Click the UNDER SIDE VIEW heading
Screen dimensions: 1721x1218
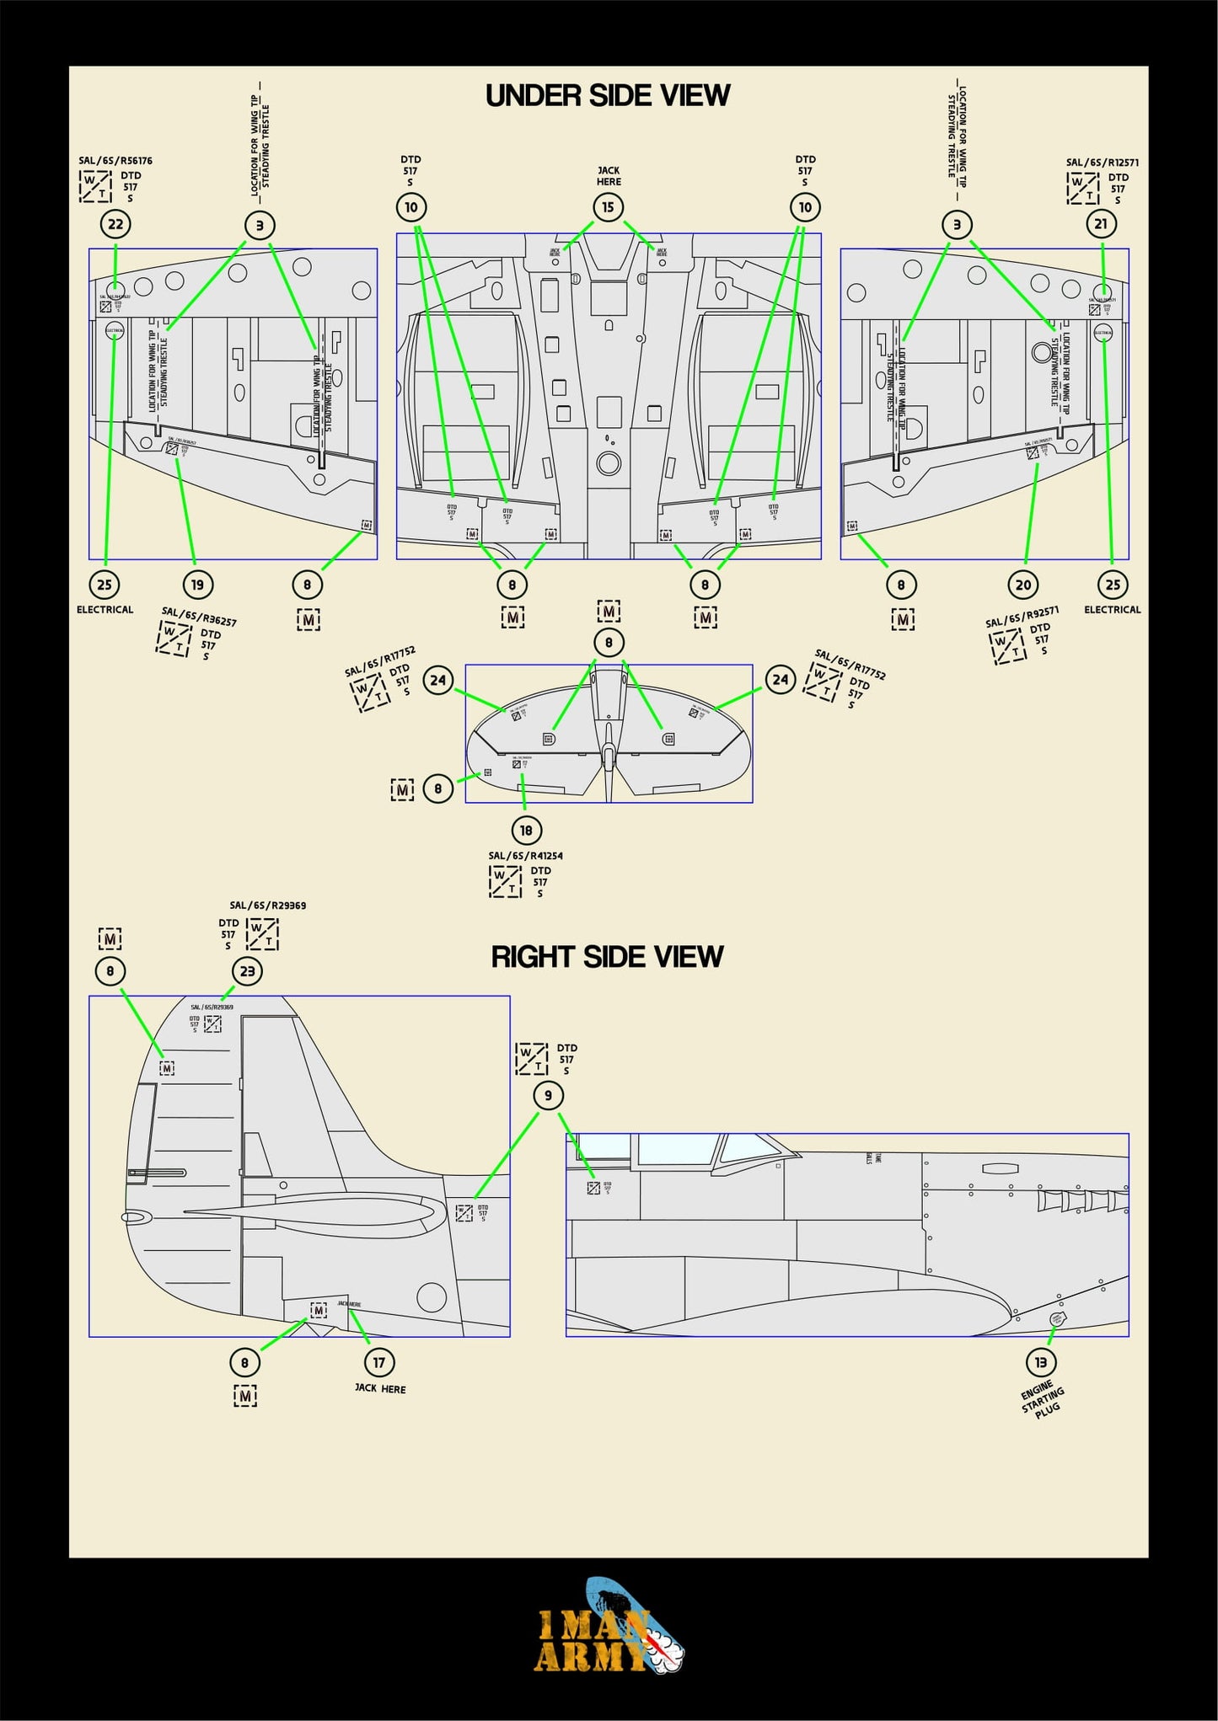(x=608, y=96)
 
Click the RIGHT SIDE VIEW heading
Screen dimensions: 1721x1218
(x=607, y=957)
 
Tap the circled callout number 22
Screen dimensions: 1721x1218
(x=115, y=224)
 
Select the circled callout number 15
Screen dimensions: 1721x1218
(x=608, y=207)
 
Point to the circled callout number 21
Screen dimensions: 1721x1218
(x=1101, y=224)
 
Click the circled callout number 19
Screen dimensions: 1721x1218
(x=196, y=585)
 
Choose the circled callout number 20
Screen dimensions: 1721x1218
(x=1022, y=585)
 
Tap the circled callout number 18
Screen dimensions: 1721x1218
(x=526, y=831)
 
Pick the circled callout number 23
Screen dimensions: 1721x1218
(x=247, y=971)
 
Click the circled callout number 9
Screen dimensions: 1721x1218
(x=548, y=1095)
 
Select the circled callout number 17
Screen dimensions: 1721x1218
(x=378, y=1362)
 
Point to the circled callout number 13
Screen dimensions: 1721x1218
(x=1040, y=1362)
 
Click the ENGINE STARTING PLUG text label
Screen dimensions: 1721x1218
(x=1043, y=1399)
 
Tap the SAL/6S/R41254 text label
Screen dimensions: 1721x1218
(x=525, y=856)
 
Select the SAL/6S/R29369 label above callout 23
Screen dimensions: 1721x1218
(x=268, y=906)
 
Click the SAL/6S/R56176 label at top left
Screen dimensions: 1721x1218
(x=115, y=161)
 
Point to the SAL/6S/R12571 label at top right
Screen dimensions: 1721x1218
(x=1103, y=163)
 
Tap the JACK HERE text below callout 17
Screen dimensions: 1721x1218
(x=380, y=1388)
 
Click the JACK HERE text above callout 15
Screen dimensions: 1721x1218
(x=609, y=176)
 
